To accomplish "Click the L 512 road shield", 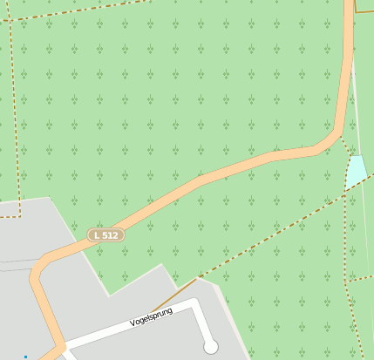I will coord(106,235).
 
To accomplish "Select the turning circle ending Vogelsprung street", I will coord(210,347).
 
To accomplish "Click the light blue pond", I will coord(355,171).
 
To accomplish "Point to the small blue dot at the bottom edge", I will coord(25,357).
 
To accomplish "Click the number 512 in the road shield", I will coord(111,235).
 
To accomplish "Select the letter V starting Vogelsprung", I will coord(132,323).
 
